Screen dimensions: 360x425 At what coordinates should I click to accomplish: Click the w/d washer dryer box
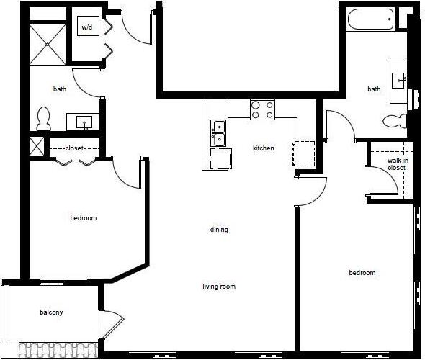coord(88,27)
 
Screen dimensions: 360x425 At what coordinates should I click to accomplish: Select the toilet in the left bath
coord(43,119)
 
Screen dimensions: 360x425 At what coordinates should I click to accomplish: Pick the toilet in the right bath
coord(395,120)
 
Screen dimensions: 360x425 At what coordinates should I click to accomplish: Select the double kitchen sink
coord(218,133)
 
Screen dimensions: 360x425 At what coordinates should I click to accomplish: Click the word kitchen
coord(263,148)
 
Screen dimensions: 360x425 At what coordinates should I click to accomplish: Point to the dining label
coord(219,230)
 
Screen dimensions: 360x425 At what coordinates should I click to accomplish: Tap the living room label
coord(219,287)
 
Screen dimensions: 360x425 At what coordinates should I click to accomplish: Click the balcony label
coord(51,312)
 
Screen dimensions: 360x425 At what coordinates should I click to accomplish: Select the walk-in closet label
coord(397,164)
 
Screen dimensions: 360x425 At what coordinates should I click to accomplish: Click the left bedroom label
coord(83,218)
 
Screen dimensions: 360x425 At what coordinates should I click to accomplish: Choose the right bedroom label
coord(362,273)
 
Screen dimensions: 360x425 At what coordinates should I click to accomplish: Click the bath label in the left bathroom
coord(60,90)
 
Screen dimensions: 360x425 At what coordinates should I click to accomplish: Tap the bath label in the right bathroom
coord(374,90)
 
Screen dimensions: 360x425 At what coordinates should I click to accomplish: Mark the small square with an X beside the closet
coord(36,146)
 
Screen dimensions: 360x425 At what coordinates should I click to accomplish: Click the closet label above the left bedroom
coord(74,148)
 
